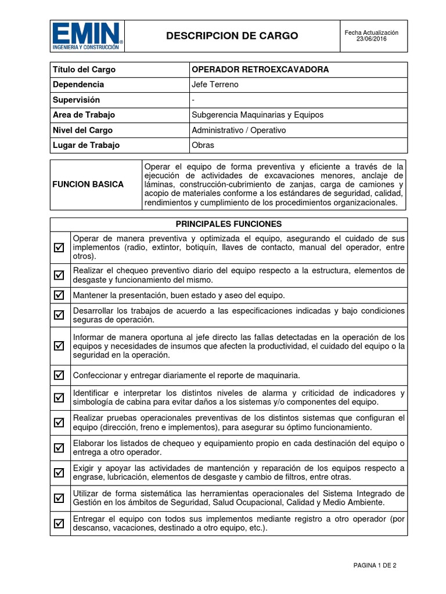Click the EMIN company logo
click(x=87, y=36)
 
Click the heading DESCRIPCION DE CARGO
click(x=232, y=36)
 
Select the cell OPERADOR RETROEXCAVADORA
click(x=260, y=70)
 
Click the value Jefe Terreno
click(x=215, y=85)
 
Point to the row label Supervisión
click(x=76, y=100)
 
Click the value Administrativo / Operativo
click(x=239, y=130)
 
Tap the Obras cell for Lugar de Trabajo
click(x=203, y=145)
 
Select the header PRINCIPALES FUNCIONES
click(x=228, y=224)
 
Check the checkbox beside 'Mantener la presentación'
click(x=59, y=295)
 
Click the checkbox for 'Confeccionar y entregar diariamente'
click(x=59, y=375)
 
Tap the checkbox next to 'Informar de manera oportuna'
click(x=59, y=346)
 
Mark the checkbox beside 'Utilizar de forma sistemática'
click(x=59, y=498)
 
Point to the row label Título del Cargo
click(x=84, y=70)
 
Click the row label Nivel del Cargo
click(x=82, y=130)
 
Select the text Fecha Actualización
click(x=372, y=32)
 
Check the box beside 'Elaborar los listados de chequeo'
click(x=59, y=447)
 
